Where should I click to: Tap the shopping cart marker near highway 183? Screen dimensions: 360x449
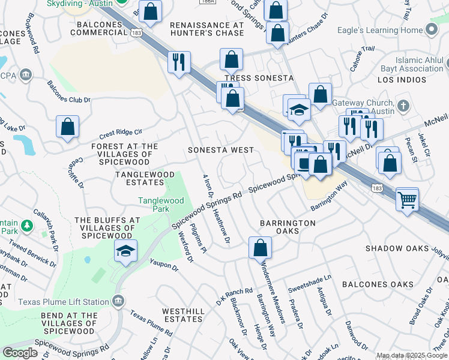408,200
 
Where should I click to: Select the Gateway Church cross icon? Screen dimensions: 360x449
404,107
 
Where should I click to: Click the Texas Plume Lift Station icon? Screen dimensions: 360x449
119,299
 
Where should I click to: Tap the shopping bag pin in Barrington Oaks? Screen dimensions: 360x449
260,248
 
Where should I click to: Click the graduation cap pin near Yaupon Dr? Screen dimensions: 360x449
125,252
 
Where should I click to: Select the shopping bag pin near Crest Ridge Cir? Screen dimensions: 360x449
67,127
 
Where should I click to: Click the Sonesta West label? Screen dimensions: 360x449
220,149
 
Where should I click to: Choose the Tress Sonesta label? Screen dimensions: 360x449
259,79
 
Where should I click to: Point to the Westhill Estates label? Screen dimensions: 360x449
183,315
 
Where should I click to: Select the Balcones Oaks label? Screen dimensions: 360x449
378,284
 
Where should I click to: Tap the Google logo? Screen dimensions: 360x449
20,352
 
